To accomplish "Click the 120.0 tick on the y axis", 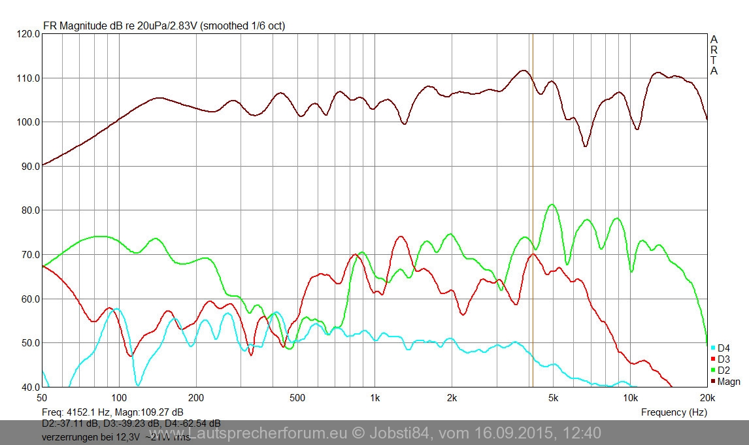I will coord(29,34).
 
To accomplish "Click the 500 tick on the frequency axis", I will coord(297,397).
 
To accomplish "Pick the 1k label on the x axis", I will coord(374,397).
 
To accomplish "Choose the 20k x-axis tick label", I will coord(706,397).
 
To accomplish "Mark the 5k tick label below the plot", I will coord(553,397).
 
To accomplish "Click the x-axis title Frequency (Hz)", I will coord(674,412).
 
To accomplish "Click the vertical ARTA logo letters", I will coord(714,55).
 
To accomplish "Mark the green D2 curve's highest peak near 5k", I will coord(553,205).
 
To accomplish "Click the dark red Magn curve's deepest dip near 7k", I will coord(586,146).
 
